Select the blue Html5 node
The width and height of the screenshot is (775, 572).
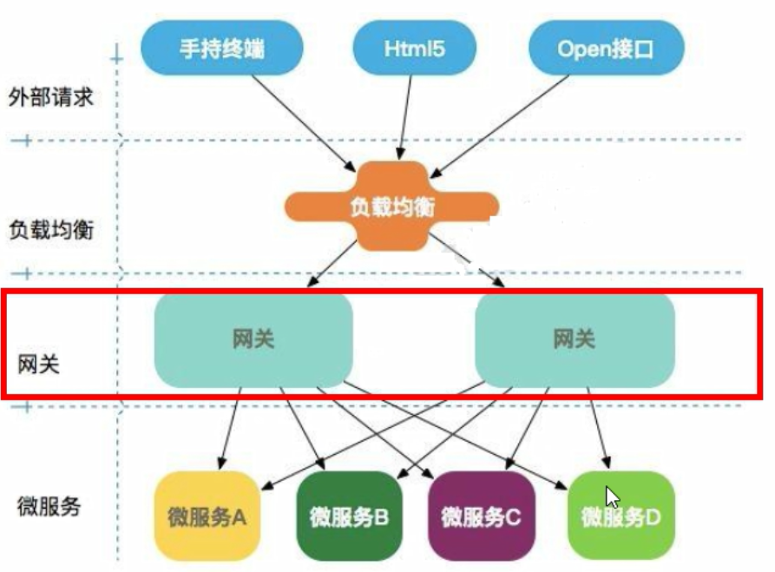click(x=414, y=49)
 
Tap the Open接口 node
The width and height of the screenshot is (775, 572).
click(x=606, y=49)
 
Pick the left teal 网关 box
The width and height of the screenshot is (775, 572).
click(x=253, y=339)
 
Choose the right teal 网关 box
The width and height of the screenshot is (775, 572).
click(x=575, y=339)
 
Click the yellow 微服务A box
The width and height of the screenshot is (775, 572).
click(x=207, y=517)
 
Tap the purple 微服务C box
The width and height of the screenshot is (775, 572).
click(x=480, y=517)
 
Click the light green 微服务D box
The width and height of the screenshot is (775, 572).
click(x=621, y=517)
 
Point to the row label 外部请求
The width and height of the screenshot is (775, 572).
click(x=49, y=96)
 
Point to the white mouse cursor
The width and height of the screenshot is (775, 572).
click(x=613, y=497)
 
